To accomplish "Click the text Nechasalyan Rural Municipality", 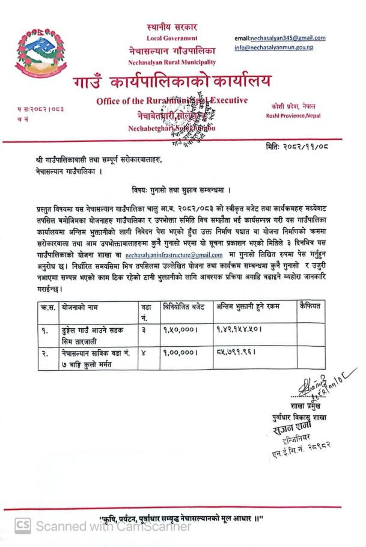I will point(172,63).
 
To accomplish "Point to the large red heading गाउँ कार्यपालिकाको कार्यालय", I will point(172,81).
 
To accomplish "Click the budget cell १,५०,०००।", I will point(180,330).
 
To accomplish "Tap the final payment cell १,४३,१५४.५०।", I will point(240,330).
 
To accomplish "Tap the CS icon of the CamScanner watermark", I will point(22,526).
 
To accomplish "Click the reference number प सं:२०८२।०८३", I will point(40,109).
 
